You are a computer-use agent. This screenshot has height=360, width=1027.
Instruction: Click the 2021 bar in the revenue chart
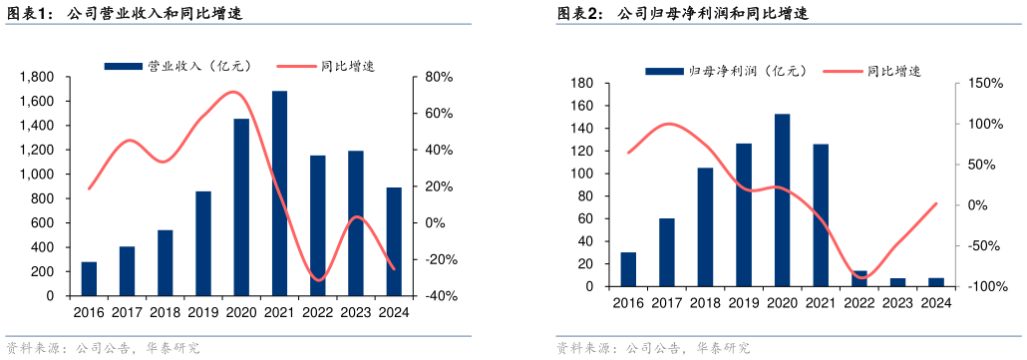tap(280, 193)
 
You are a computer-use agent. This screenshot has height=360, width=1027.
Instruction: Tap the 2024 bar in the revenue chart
tap(395, 241)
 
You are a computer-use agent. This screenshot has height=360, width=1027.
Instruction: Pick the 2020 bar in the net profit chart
tap(782, 200)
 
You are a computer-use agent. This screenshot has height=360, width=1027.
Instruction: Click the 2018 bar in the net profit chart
tap(705, 227)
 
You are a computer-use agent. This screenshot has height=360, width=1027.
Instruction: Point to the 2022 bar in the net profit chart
tap(859, 279)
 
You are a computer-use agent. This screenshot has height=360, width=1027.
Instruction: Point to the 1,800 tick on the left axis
tap(38, 77)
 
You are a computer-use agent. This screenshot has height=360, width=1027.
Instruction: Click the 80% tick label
tap(440, 77)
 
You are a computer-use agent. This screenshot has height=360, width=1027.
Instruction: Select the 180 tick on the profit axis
tap(580, 83)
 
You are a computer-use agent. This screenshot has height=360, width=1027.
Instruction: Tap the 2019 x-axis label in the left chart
tap(203, 312)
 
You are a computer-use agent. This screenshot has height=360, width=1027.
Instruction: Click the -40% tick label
tap(441, 296)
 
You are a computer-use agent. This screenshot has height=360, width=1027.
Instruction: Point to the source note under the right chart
tap(652, 348)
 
